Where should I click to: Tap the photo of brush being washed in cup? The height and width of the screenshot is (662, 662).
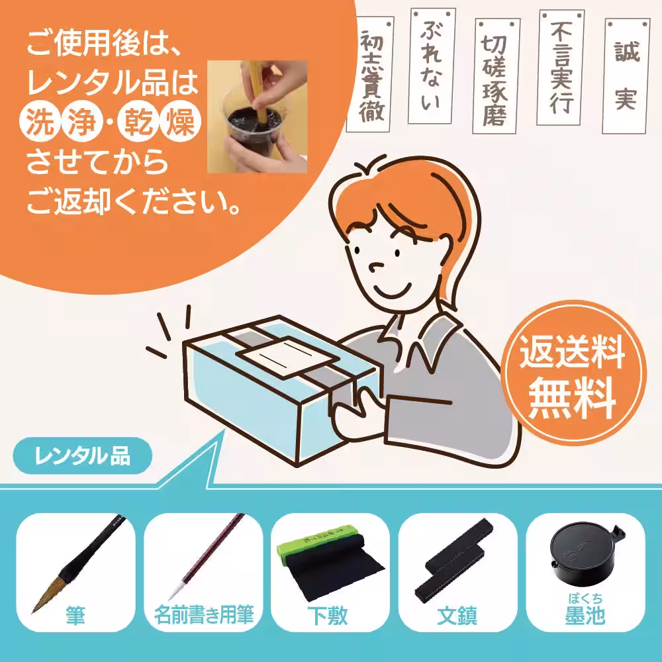(x=258, y=117)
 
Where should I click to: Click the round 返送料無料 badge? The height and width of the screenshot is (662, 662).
(x=571, y=375)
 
